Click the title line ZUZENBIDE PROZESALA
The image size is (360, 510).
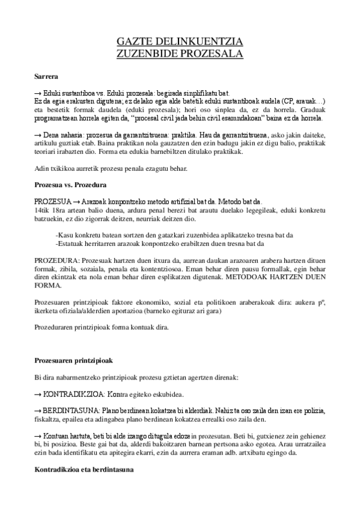pyautogui.click(x=179, y=54)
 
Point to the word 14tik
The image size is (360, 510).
pyautogui.click(x=41, y=210)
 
